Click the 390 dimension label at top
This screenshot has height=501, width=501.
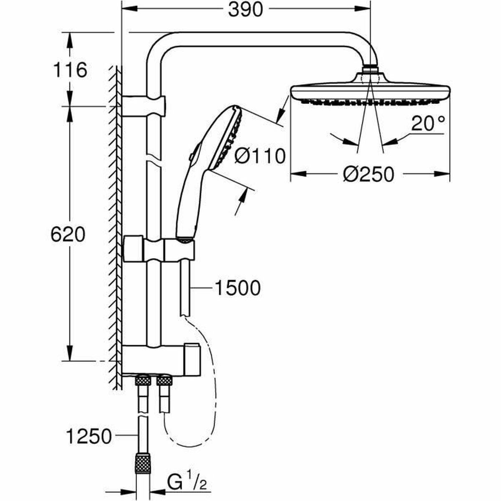tap(245, 10)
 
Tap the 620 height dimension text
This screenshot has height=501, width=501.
tap(68, 235)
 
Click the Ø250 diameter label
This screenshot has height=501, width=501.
tap(369, 174)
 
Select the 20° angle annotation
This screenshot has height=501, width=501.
tap(428, 124)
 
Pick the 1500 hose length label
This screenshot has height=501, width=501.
tap(237, 288)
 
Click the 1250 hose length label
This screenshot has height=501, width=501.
tap(89, 437)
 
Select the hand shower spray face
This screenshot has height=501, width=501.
tap(228, 140)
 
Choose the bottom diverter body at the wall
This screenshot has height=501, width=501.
tap(161, 359)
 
